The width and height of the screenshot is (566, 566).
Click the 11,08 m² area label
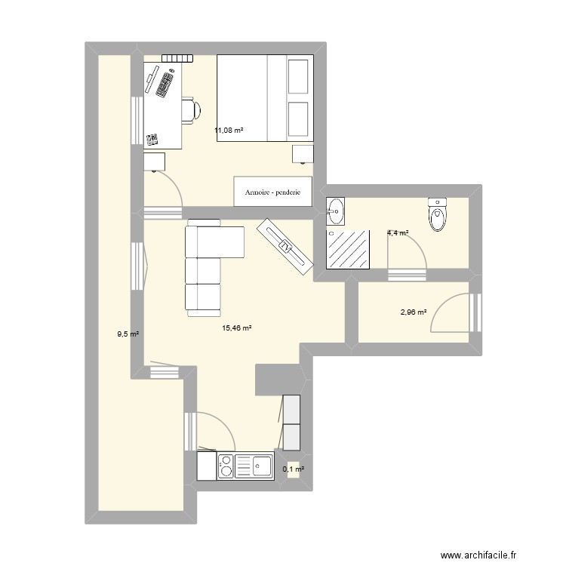click(x=229, y=131)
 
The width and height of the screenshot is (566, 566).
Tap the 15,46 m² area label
click(x=236, y=328)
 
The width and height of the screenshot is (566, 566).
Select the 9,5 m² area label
click(x=127, y=334)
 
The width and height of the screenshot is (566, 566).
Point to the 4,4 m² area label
click(x=398, y=233)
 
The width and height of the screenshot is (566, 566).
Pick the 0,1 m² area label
click(x=293, y=469)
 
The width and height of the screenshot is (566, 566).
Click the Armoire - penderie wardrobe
click(x=272, y=192)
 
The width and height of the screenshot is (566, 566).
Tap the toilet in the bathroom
click(x=436, y=215)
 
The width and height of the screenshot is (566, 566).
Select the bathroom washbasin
click(x=335, y=211)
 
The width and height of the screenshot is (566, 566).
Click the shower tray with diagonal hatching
click(x=348, y=250)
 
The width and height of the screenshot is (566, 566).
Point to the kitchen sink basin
click(x=262, y=466)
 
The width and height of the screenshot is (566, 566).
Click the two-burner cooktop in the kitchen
click(x=225, y=466)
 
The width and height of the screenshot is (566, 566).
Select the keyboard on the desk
click(x=166, y=83)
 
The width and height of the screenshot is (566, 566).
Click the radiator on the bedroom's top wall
click(x=177, y=57)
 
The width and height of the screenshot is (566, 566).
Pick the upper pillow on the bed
click(x=299, y=77)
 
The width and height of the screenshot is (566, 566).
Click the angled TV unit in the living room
click(x=285, y=243)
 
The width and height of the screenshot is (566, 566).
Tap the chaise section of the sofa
click(x=226, y=242)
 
